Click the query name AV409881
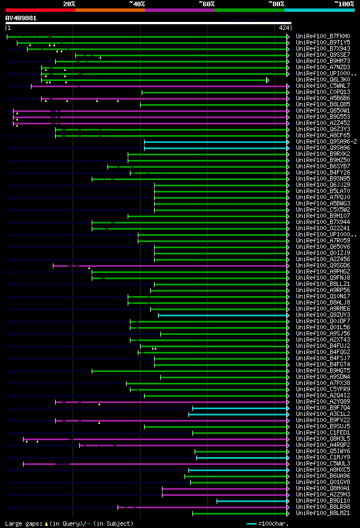point(21,18)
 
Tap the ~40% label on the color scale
point(137,3)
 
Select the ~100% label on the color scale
point(344,3)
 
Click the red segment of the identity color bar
point(40,10)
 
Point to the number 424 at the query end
point(284,27)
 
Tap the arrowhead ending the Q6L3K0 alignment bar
point(268,80)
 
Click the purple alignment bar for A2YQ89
point(169,402)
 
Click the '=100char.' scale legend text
point(273,523)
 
